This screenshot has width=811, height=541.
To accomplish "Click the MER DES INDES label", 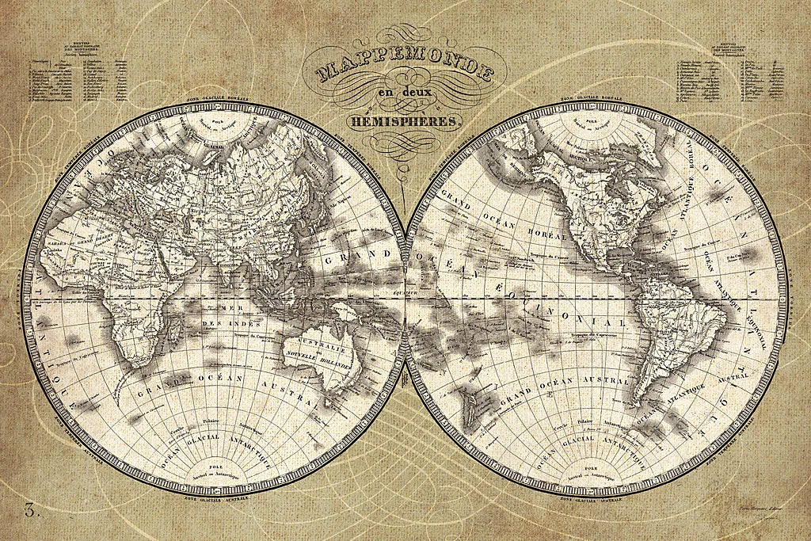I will pyautogui.click(x=211, y=315).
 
